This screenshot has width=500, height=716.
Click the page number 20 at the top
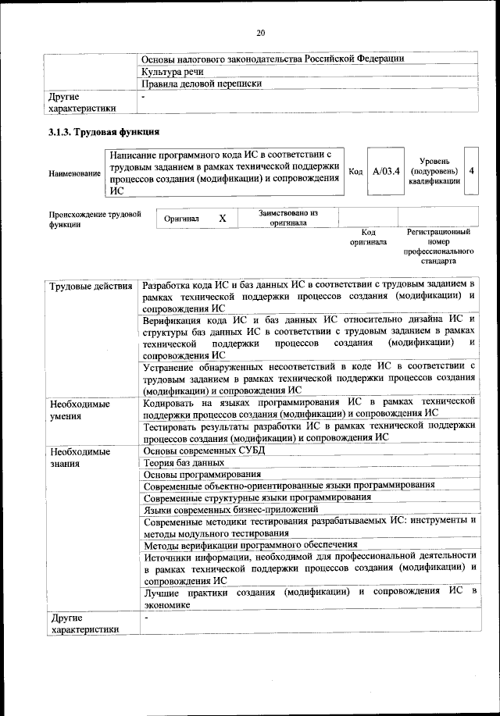point(261,32)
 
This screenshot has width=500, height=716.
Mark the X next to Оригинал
point(222,219)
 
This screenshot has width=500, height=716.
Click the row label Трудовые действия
point(90,286)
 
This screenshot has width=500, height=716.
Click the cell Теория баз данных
point(185,463)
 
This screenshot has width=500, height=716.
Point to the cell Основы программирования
point(203,475)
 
